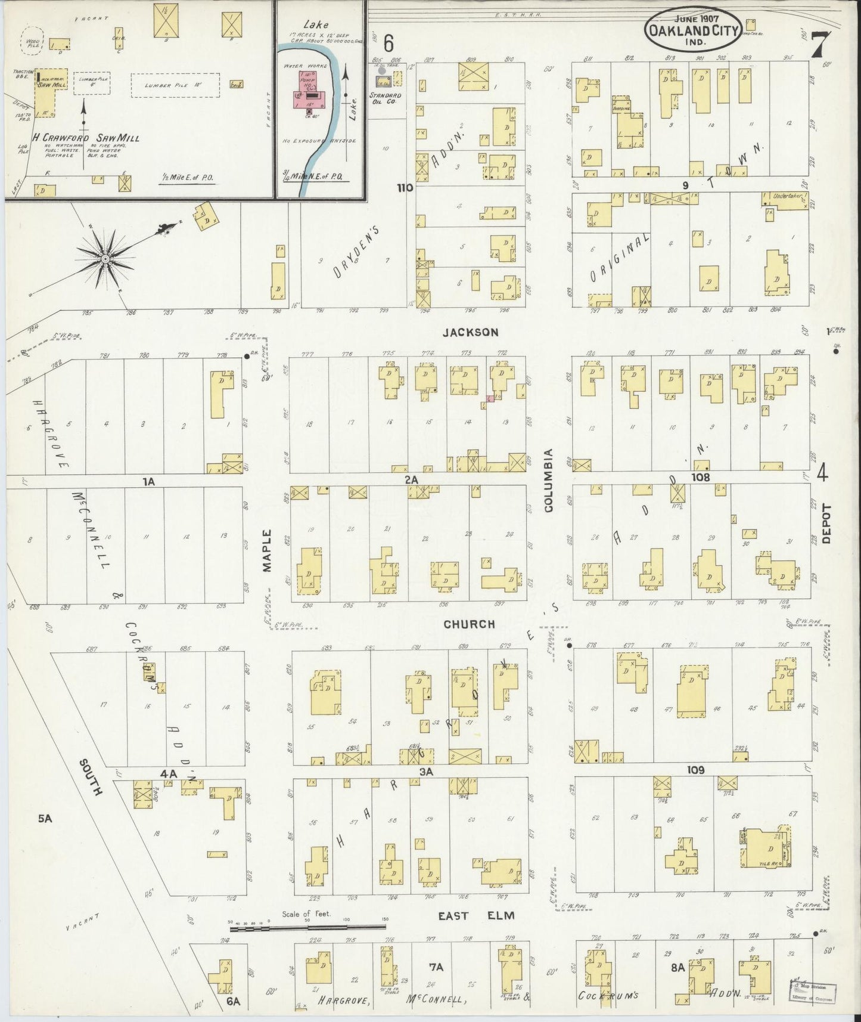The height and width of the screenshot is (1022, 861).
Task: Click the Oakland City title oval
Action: tap(689, 27)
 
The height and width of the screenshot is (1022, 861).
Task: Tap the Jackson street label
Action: tap(471, 332)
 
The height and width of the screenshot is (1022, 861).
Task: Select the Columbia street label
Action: tap(548, 480)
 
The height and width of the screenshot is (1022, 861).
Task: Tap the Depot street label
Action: tap(826, 524)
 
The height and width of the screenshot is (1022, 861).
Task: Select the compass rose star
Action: tap(105, 258)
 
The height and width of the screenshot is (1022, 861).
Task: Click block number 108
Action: tap(701, 477)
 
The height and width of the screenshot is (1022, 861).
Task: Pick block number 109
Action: tap(695, 770)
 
